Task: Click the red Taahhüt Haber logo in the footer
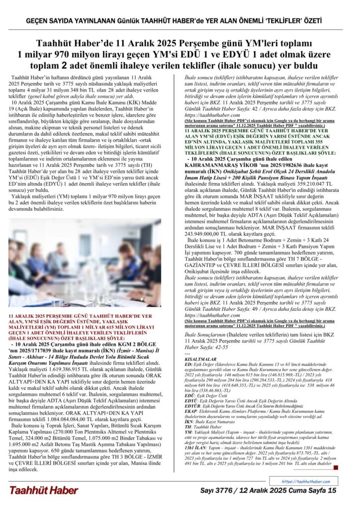(x=43, y=490)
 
